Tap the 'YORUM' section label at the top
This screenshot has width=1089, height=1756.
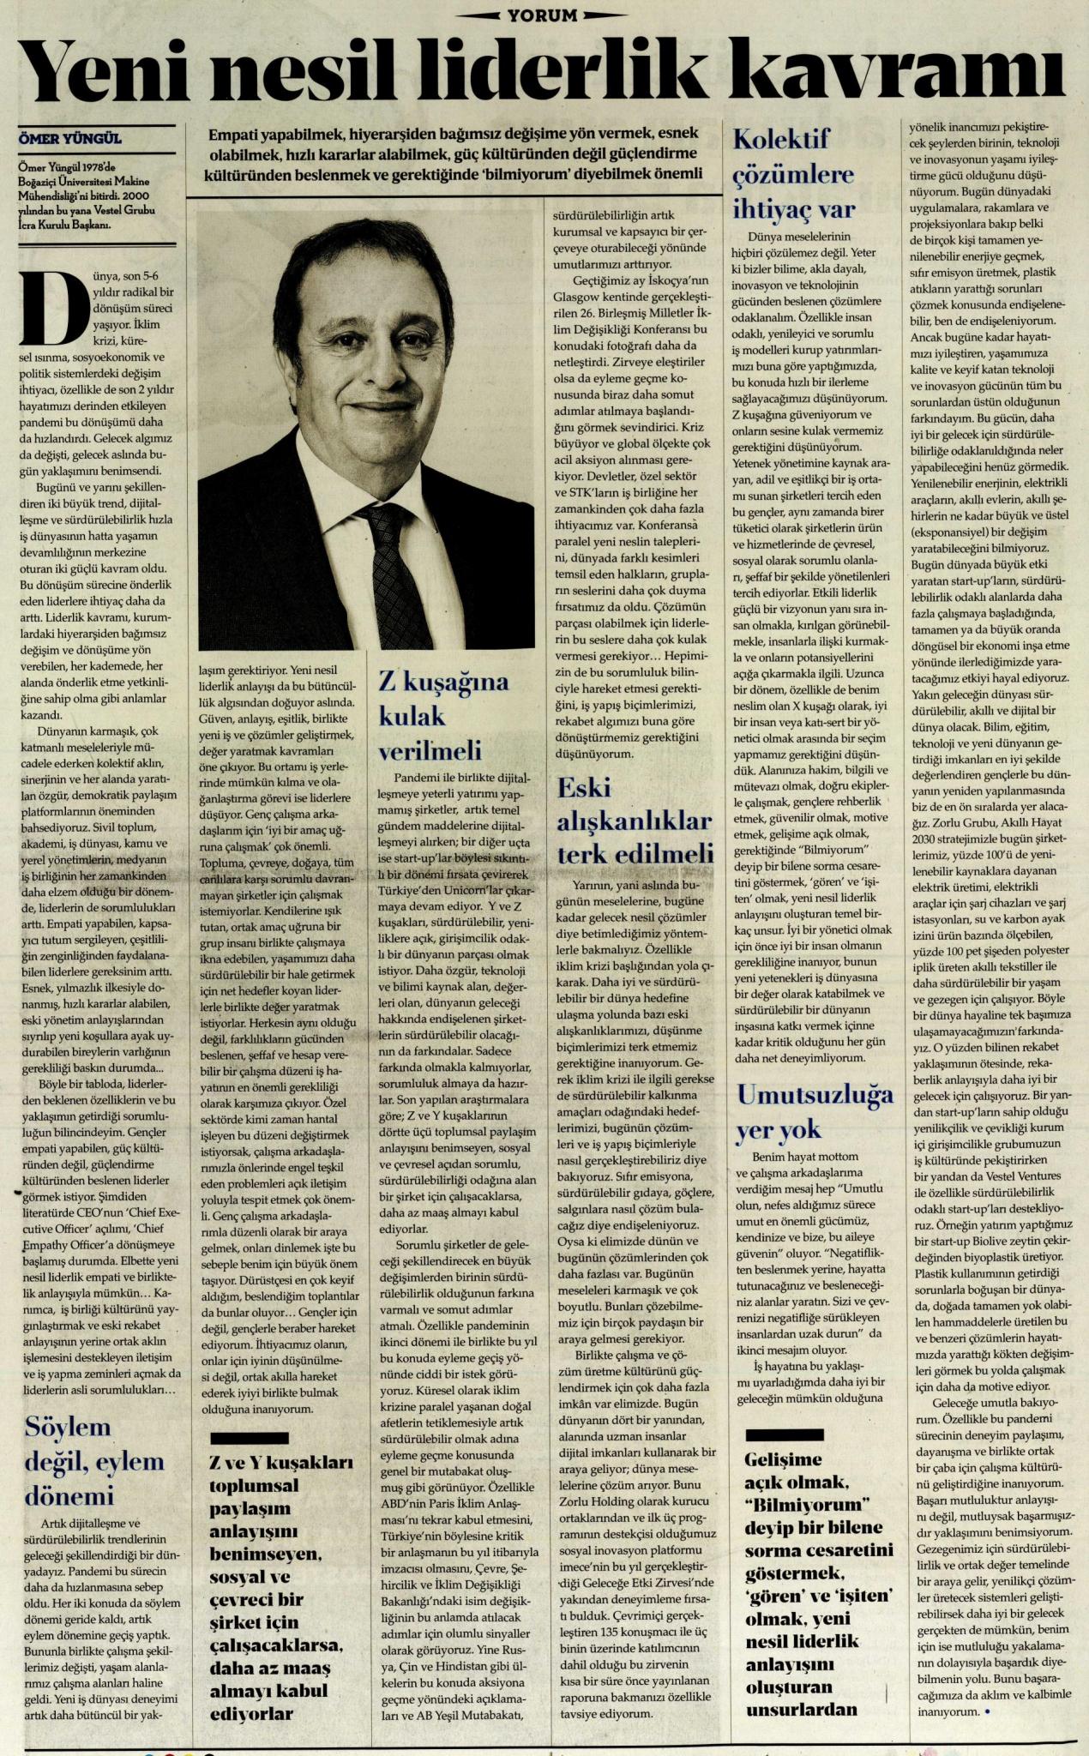[x=544, y=12]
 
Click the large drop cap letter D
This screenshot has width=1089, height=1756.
[x=43, y=307]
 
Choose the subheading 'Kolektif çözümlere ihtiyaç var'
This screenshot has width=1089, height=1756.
[x=791, y=174]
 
